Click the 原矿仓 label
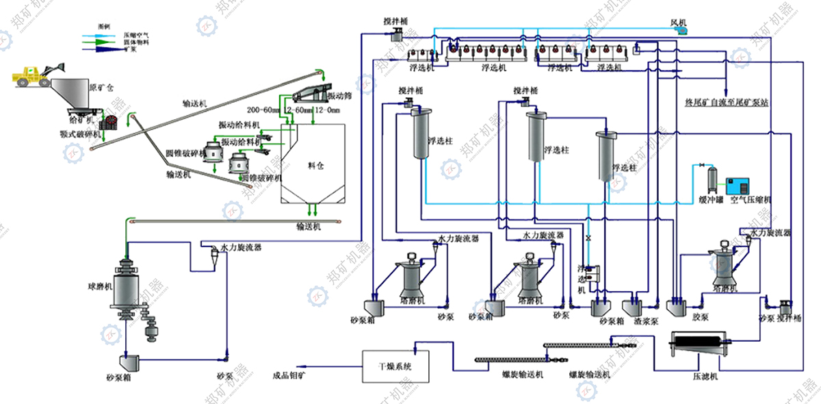102,88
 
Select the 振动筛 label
340,96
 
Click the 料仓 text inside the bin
316,166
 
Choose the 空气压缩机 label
751,200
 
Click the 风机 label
678,23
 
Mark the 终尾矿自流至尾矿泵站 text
727,104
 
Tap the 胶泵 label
699,317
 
